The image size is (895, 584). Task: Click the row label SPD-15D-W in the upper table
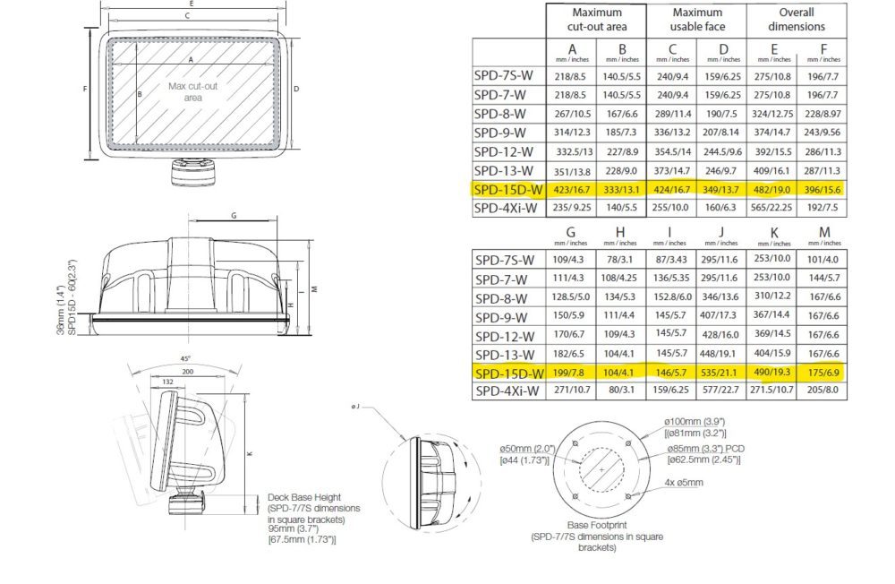[x=507, y=189]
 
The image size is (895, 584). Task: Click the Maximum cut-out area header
[x=596, y=20]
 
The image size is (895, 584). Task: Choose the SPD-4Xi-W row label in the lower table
[x=507, y=391]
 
